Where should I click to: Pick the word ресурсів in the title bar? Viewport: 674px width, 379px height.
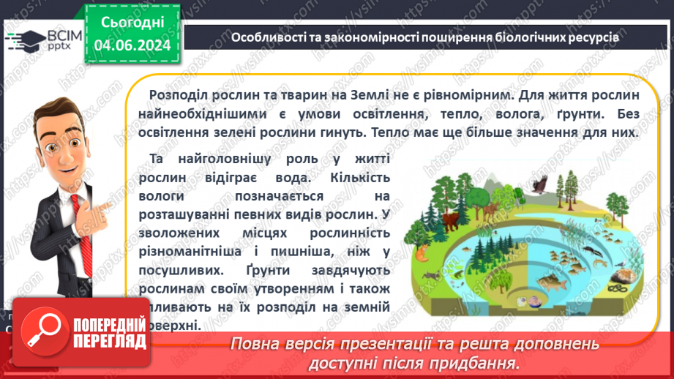(596, 37)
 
